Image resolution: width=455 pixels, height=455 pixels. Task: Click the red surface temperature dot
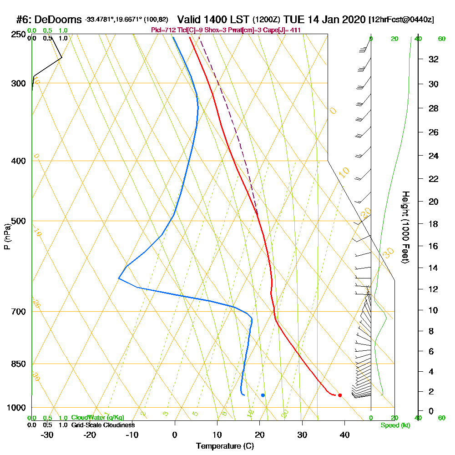(340, 395)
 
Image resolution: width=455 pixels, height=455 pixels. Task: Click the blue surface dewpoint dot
(263, 395)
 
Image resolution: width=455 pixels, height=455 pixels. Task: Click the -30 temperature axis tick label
(47, 435)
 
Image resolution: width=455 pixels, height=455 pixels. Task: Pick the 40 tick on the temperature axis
(344, 435)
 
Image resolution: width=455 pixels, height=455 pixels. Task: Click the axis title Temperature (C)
(225, 446)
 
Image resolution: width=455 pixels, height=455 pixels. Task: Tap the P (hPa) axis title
(7, 237)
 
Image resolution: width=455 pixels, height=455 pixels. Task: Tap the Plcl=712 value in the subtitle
(163, 30)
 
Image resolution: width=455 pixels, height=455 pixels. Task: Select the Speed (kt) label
(395, 425)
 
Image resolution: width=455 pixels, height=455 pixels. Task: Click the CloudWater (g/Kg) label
(97, 417)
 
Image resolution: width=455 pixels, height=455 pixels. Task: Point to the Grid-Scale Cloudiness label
(102, 425)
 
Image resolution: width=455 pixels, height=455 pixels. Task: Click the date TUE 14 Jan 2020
(324, 20)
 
